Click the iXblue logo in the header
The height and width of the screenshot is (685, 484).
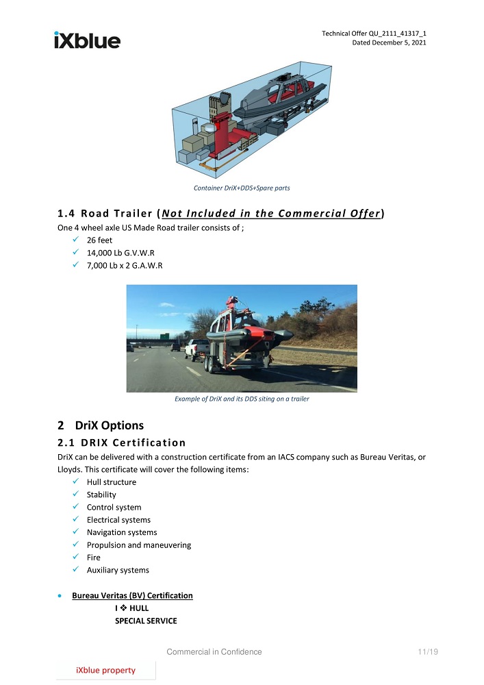87,40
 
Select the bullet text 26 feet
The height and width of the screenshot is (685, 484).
100,240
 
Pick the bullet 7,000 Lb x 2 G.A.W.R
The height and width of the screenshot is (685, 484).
124,265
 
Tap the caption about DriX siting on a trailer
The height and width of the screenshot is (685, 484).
242,399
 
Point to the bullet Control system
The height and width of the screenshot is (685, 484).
114,508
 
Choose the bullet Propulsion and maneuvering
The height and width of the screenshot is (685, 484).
138,545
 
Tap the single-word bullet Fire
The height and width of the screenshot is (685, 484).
93,558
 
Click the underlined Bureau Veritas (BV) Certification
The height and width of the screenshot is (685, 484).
132,595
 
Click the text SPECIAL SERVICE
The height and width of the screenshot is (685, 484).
145,621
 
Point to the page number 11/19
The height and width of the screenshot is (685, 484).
427,651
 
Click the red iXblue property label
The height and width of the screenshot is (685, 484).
105,670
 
